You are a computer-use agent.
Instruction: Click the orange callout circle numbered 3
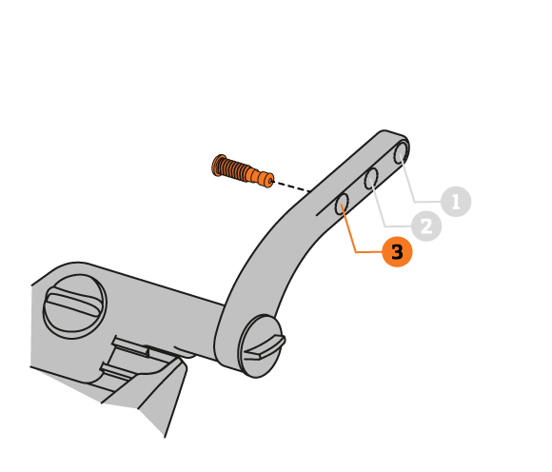tap(397, 251)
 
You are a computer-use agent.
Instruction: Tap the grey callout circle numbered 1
tap(456, 202)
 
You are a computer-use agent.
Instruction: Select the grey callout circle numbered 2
tap(426, 226)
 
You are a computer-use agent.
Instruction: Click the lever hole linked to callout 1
tap(401, 153)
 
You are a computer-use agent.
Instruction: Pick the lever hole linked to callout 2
tap(371, 179)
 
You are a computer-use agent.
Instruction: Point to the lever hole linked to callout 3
tap(342, 204)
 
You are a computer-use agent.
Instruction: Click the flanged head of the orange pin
tap(219, 166)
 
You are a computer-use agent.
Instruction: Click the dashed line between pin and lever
tap(291, 187)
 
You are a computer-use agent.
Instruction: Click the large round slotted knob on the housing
tap(74, 305)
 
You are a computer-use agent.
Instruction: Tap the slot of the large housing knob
tap(75, 302)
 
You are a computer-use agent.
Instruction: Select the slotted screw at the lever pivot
tap(261, 346)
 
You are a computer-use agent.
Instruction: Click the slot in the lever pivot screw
tap(265, 347)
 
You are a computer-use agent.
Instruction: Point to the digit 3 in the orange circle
tap(397, 252)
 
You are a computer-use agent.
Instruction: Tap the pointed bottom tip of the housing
tap(165, 437)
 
